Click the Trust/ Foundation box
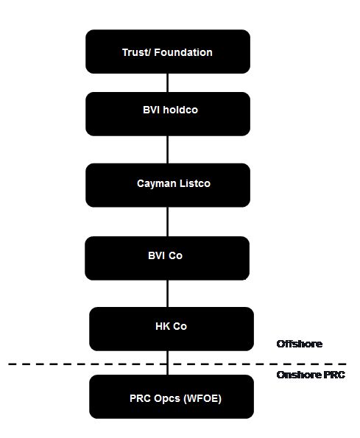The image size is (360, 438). (168, 52)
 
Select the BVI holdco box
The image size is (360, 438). (168, 114)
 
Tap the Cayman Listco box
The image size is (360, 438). (168, 186)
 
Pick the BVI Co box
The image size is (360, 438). (167, 258)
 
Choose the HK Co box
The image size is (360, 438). (172, 329)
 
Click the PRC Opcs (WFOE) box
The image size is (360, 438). (172, 397)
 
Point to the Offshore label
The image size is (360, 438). (300, 344)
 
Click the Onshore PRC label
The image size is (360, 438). (311, 375)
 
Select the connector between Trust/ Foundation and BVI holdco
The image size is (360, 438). (168, 83)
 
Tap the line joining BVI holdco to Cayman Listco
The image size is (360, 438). (168, 149)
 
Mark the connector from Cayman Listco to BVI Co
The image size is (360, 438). (168, 222)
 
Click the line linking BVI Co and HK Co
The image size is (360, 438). (168, 294)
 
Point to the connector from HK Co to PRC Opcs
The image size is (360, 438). (168, 363)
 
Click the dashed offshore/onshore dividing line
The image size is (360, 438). (177, 364)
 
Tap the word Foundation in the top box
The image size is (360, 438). (183, 52)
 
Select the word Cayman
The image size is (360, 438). (157, 184)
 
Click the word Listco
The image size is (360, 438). (195, 183)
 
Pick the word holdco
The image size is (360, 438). (180, 110)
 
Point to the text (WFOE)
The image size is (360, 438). (202, 398)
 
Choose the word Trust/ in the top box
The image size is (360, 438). (137, 52)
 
